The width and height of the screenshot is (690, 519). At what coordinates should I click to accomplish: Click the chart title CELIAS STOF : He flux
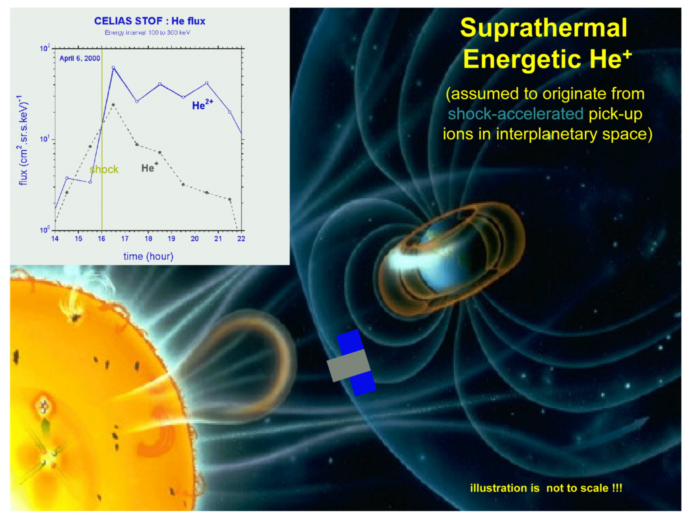150,21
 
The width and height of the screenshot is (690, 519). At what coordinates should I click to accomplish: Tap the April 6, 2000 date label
80,58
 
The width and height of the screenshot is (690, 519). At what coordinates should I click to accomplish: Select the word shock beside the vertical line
104,169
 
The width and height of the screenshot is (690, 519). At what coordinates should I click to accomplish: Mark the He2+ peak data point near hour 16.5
113,67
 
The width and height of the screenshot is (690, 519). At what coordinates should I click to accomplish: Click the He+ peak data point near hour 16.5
113,105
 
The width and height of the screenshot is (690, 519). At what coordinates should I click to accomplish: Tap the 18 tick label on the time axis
148,239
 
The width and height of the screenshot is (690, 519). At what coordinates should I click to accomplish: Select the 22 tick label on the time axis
241,239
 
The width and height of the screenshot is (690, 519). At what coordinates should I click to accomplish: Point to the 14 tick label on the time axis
55,239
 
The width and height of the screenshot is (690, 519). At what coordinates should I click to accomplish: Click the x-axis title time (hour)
148,256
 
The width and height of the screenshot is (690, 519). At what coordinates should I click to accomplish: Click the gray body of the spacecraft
348,365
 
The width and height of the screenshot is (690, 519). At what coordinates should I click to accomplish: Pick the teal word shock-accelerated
515,114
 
